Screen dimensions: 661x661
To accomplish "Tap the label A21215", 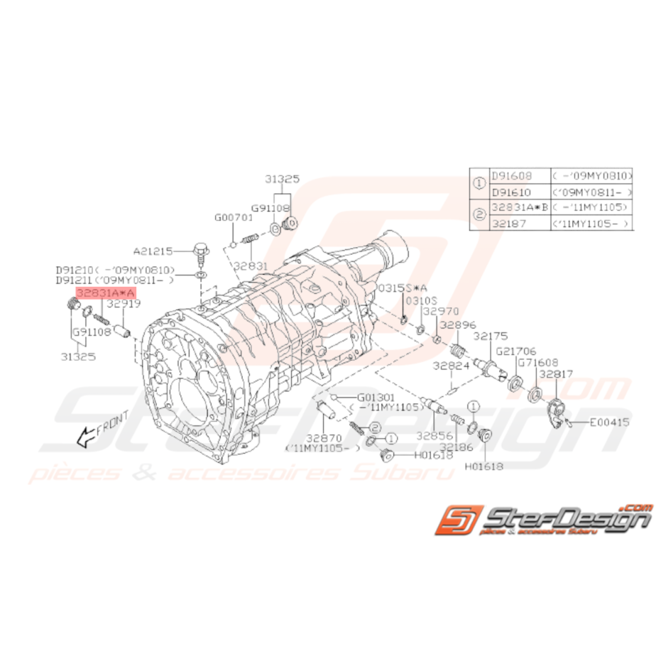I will pos(152,251).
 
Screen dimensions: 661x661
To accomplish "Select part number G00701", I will pos(234,217).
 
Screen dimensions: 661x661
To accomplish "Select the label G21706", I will pos(516,350).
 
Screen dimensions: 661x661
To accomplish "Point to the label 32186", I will pos(455,447).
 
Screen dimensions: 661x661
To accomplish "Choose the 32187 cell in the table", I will pos(507,222).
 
